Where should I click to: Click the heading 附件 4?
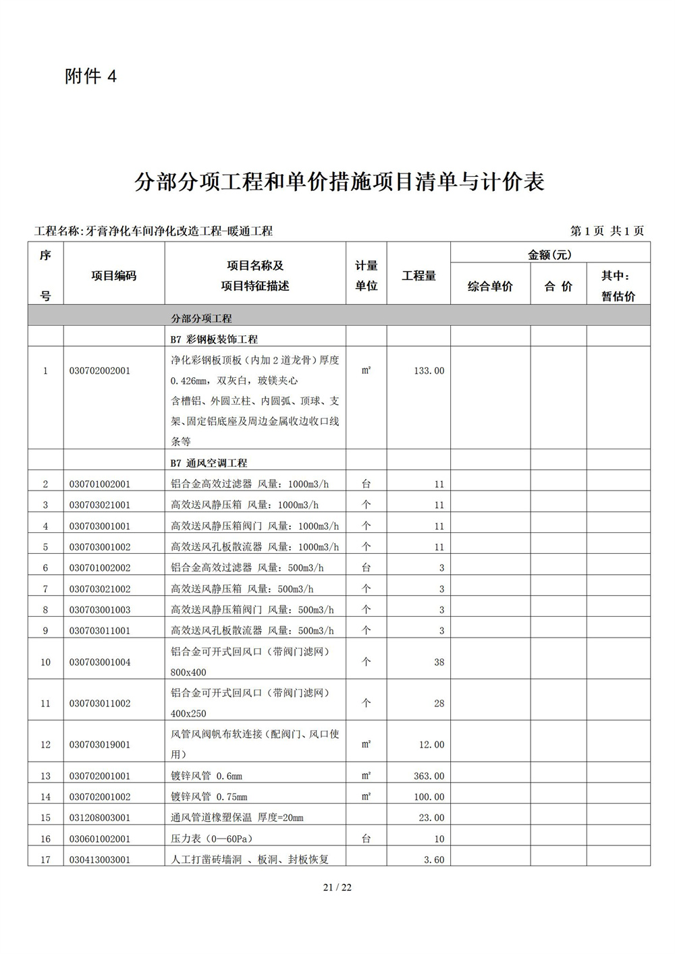(90, 77)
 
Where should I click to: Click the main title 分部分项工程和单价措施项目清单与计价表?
(339, 181)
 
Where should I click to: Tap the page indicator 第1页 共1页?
(607, 231)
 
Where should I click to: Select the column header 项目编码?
(113, 275)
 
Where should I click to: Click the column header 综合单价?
(490, 286)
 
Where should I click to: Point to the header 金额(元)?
(549, 254)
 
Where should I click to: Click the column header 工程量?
(418, 275)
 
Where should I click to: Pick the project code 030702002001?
(100, 370)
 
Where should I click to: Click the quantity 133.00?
(429, 370)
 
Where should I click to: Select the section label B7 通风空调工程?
(209, 463)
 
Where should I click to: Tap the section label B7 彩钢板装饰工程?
(214, 339)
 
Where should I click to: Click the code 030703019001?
(100, 745)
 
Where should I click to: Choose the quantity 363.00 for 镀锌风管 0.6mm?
(429, 776)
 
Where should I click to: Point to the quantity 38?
(439, 662)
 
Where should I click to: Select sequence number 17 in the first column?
(45, 860)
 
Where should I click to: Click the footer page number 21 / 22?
(337, 887)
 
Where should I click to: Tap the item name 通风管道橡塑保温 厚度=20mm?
(237, 818)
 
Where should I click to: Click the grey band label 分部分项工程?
(201, 318)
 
